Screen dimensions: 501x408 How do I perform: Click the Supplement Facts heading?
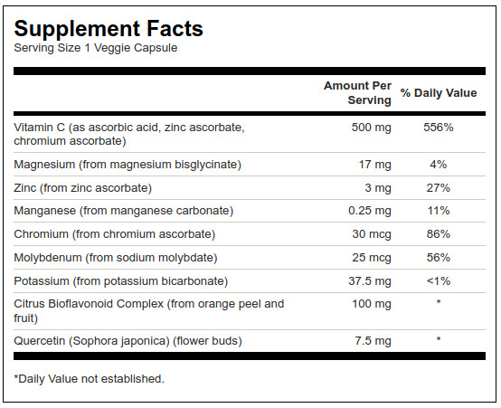109,29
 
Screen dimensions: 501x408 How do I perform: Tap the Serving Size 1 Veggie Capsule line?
96,48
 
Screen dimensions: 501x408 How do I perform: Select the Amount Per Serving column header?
357,92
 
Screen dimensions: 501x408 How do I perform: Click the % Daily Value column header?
439,93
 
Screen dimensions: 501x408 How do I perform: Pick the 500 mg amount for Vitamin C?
372,128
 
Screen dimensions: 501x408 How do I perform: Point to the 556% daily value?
439,128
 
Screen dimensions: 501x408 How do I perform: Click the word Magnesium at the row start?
44,165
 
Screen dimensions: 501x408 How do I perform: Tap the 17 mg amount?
375,165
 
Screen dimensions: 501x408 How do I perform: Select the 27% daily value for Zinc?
439,187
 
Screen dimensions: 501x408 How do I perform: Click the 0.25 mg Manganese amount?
370,211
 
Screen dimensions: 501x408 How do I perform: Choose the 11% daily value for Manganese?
439,211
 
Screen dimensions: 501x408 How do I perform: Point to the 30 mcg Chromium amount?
372,234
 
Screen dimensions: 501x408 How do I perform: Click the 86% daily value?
439,234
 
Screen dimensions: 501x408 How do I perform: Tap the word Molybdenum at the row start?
48,258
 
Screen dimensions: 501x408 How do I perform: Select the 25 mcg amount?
372,258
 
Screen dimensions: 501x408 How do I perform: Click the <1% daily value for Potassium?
439,281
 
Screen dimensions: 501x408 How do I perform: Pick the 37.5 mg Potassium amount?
370,281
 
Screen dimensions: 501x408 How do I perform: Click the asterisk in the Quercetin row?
439,339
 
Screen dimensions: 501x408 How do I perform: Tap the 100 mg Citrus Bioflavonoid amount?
372,304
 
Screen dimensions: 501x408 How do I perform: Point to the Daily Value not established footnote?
90,379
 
